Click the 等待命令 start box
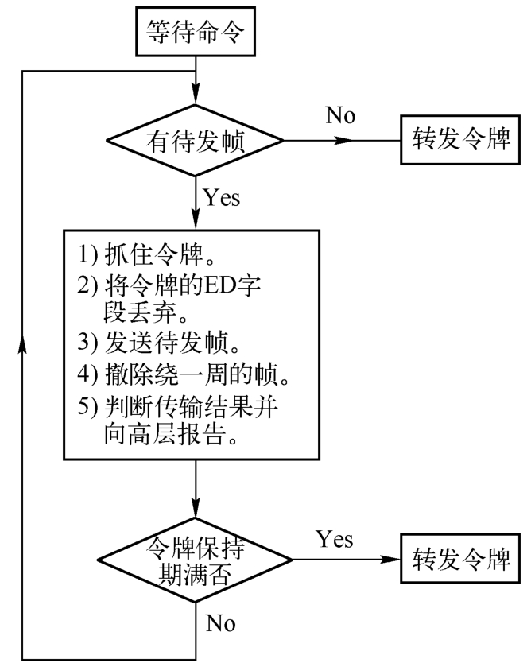click(194, 31)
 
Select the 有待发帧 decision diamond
click(194, 142)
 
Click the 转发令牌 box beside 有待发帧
click(455, 142)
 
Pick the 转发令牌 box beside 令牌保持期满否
click(455, 560)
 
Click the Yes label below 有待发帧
click(221, 197)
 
